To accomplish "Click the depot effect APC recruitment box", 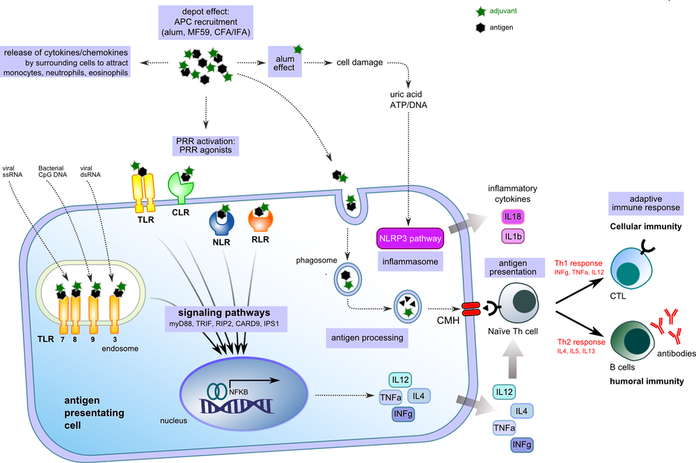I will (x=205, y=22).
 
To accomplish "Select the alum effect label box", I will (x=284, y=63).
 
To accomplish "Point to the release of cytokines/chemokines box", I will (x=68, y=63).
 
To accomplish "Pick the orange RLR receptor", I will (x=261, y=221).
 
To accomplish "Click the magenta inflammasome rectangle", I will (x=410, y=238).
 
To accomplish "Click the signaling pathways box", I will (x=226, y=317).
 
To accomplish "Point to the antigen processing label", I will (x=367, y=338).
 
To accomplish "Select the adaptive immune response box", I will (x=645, y=203).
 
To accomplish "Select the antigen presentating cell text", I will (x=94, y=412).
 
